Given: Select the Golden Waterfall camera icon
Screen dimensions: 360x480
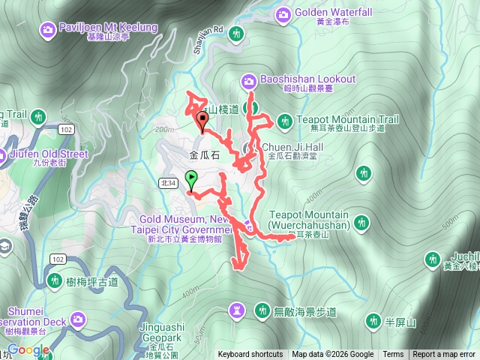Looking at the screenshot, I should (x=283, y=13).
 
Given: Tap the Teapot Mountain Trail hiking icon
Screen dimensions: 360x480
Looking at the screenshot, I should (x=284, y=120).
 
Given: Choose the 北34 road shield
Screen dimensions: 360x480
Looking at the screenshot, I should (x=168, y=182).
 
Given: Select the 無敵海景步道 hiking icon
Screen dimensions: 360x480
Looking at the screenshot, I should (x=262, y=310).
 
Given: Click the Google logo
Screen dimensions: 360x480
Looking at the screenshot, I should (x=28, y=349).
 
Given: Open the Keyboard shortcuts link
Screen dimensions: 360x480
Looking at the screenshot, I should (x=250, y=355).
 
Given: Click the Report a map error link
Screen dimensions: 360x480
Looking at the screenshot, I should (x=445, y=355).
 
